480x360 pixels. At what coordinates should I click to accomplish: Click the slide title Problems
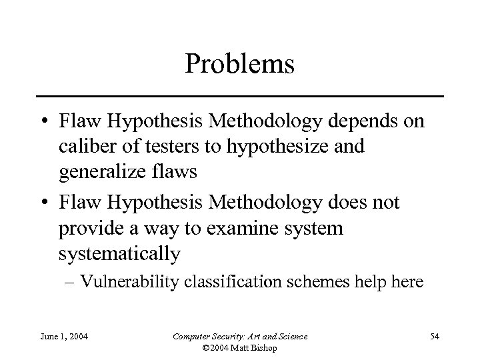point(240,65)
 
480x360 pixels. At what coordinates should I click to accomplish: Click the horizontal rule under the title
point(240,97)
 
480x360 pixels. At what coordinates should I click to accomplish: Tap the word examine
point(230,229)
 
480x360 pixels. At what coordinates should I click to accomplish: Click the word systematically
point(119,254)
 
